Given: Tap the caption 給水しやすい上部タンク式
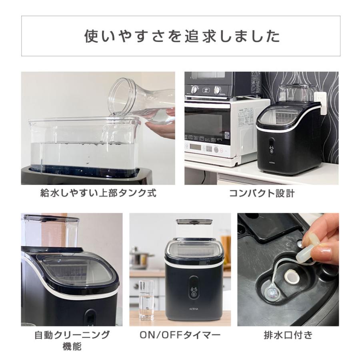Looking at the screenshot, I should [x=98, y=194].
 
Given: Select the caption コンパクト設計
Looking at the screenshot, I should [x=262, y=194].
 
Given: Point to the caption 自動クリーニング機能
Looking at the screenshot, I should [x=72, y=340].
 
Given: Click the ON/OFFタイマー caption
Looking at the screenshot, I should [x=180, y=335].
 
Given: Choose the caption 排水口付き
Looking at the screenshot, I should [x=288, y=335].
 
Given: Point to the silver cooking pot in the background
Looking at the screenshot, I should [x=140, y=258].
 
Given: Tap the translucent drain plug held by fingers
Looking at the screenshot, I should [x=310, y=246].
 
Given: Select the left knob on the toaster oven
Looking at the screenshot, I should [x=194, y=90].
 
